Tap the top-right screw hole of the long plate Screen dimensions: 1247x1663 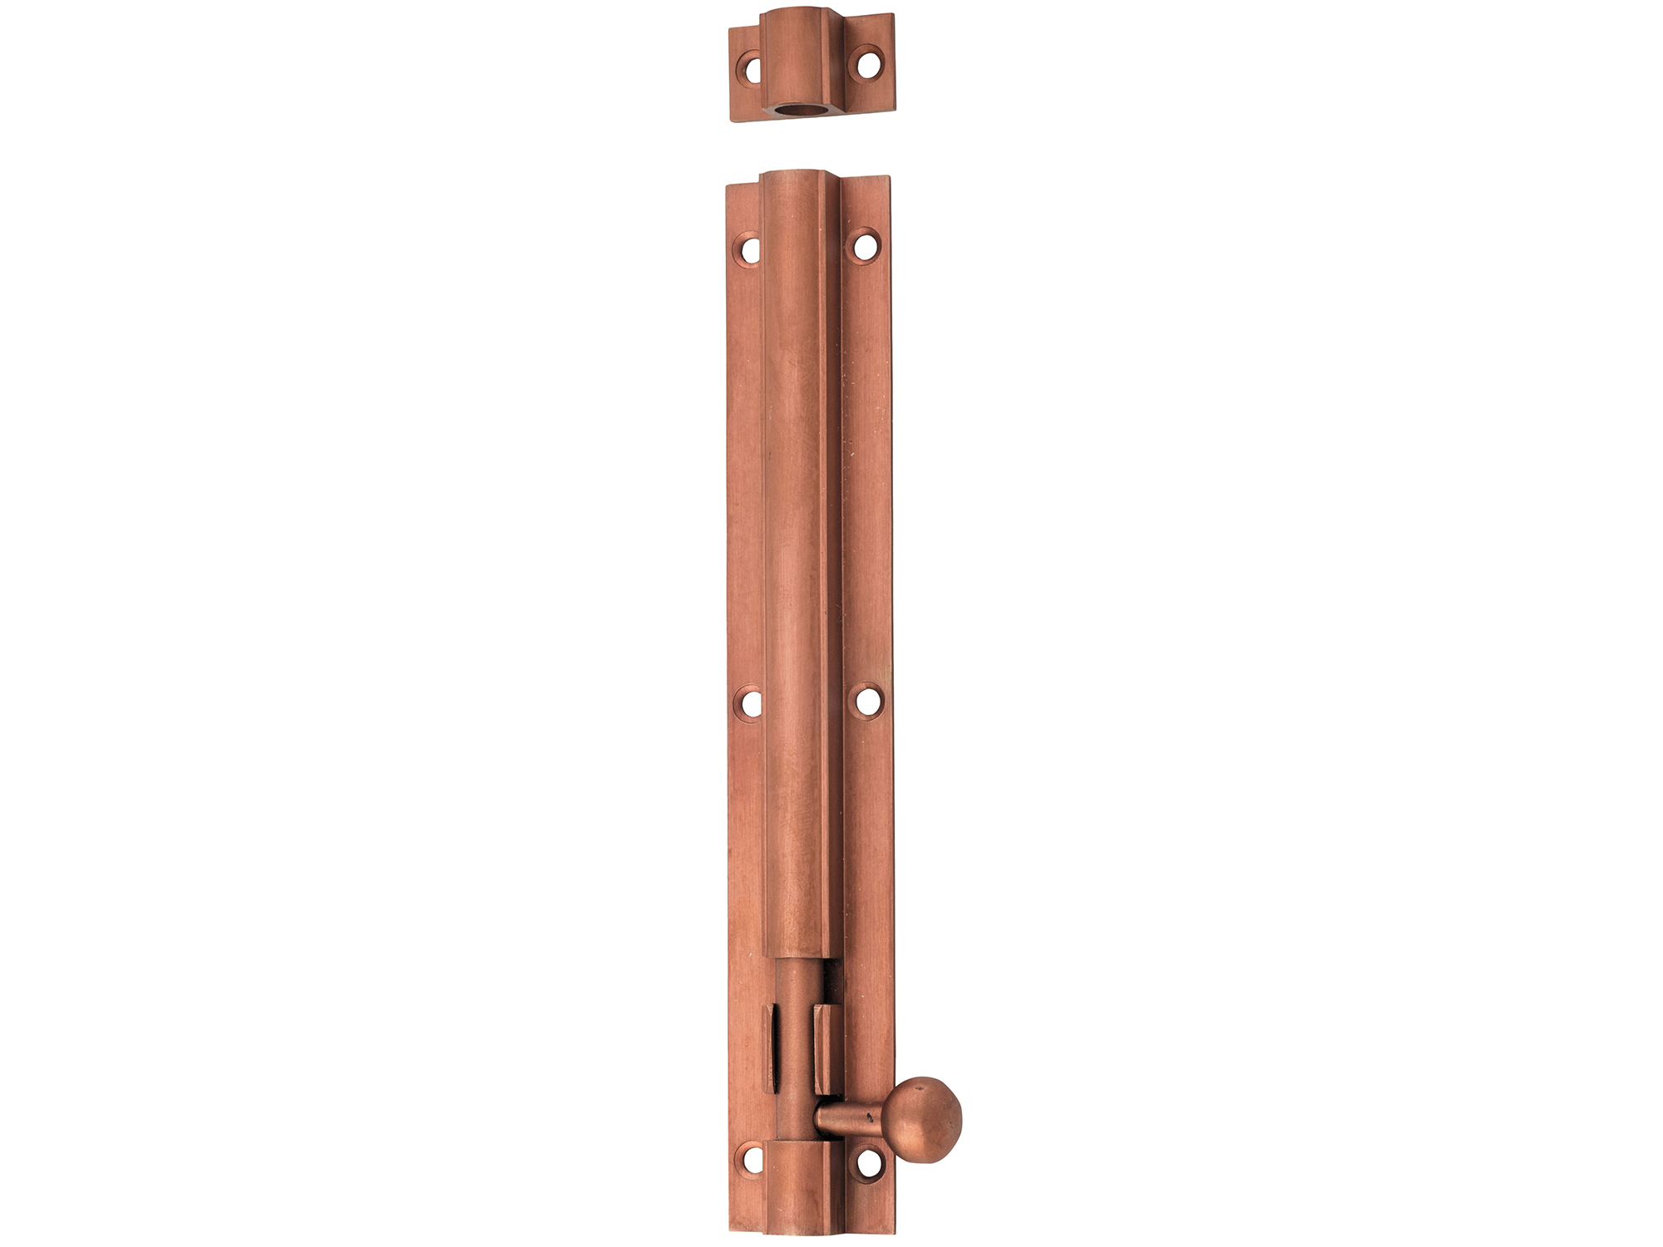(x=866, y=246)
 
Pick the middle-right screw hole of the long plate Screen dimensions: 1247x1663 (x=868, y=700)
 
